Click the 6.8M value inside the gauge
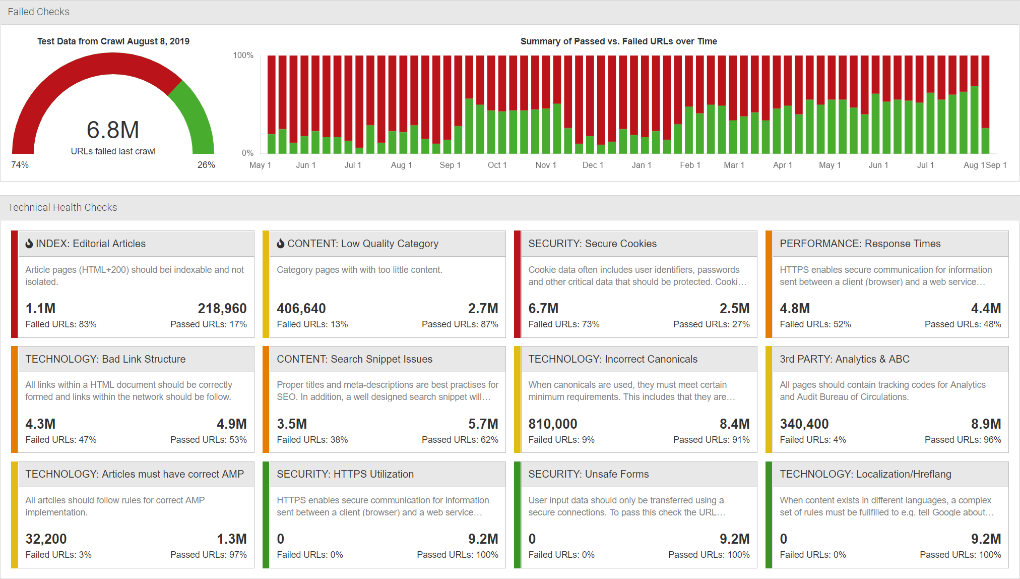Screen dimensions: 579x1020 (x=113, y=130)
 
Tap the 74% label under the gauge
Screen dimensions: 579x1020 (x=20, y=165)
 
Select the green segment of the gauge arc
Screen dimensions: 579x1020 (x=197, y=116)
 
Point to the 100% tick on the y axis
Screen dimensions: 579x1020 (x=243, y=55)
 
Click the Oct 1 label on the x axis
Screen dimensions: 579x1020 (x=497, y=165)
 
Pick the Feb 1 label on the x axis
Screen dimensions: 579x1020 (x=690, y=165)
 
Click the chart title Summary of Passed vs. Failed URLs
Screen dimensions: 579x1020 (x=618, y=41)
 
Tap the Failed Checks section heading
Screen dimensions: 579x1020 (x=39, y=12)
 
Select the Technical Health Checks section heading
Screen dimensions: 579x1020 (x=62, y=207)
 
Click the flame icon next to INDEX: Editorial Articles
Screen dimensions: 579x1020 (x=29, y=244)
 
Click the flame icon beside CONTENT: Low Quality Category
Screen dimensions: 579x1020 (x=281, y=244)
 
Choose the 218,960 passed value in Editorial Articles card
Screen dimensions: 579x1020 (x=222, y=308)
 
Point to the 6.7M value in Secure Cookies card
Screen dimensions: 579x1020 (x=543, y=308)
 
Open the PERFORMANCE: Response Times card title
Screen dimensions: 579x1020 (x=860, y=244)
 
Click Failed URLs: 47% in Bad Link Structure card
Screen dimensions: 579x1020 (x=61, y=440)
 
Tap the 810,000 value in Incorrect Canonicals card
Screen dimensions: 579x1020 (x=552, y=424)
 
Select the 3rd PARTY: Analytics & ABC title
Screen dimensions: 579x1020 (x=844, y=359)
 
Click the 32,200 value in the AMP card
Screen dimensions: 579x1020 (x=46, y=539)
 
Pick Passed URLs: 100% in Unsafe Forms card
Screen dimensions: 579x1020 (x=709, y=555)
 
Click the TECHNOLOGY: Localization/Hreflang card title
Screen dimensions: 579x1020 (x=865, y=474)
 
